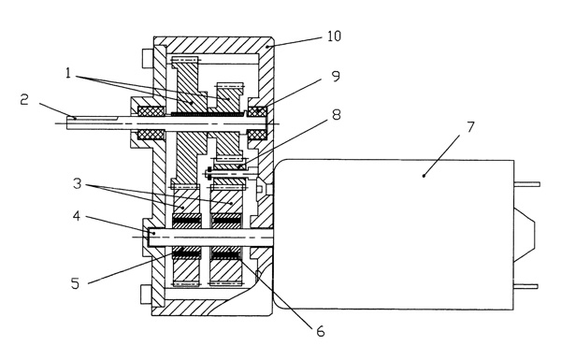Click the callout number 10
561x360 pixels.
click(334, 36)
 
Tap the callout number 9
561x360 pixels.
click(336, 77)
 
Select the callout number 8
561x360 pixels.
click(336, 115)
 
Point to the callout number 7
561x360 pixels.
click(470, 127)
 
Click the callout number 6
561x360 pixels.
click(321, 331)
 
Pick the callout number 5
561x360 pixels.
click(75, 283)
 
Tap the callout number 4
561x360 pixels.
click(77, 216)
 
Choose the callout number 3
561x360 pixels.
click(78, 184)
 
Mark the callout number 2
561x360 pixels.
click(24, 99)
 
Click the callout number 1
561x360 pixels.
click(68, 73)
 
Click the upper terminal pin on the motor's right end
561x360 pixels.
click(526, 184)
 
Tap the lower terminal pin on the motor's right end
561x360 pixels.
click(525, 286)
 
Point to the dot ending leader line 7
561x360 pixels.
click(424, 176)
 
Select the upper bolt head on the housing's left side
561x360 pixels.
click(148, 58)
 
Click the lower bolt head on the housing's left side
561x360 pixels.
click(147, 295)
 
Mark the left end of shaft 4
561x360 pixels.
click(148, 237)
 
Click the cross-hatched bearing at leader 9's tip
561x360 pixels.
click(258, 111)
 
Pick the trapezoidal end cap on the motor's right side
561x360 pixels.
click(525, 235)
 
